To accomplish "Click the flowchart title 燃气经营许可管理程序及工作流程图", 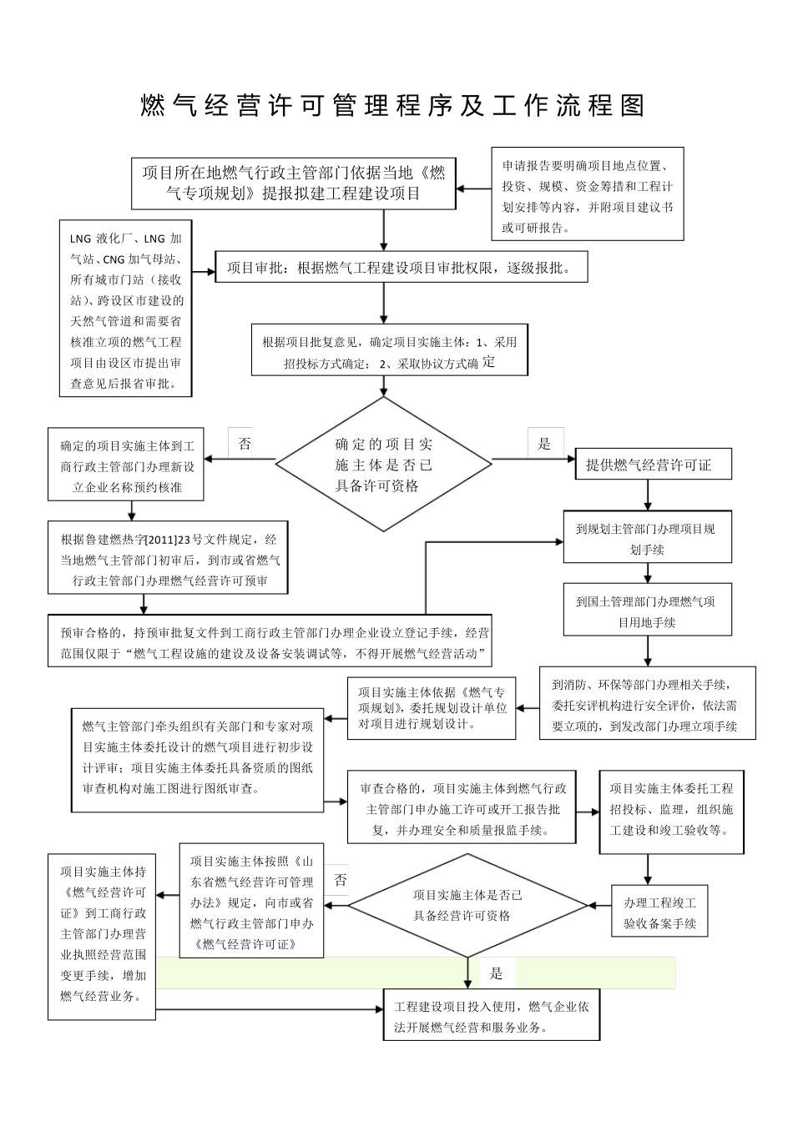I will (x=392, y=106).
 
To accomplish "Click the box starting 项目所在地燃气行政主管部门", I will (x=293, y=183).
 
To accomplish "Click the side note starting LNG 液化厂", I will (x=126, y=309).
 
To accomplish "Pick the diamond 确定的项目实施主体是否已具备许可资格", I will (x=384, y=465).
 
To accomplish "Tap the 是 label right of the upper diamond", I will (x=544, y=444).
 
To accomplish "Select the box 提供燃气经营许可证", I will (x=648, y=465).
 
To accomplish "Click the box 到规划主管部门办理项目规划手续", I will (x=648, y=538).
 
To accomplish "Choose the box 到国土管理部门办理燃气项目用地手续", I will (x=648, y=611).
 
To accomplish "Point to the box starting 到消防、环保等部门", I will (x=648, y=704).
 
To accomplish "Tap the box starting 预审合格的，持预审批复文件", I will (x=269, y=642).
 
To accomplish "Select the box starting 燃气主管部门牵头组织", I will (x=197, y=757).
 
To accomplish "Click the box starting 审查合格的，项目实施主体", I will (x=462, y=808).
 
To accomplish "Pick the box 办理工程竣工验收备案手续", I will (x=659, y=912).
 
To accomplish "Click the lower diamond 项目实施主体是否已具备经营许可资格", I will (x=467, y=905).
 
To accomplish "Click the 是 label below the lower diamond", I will (x=497, y=973).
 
